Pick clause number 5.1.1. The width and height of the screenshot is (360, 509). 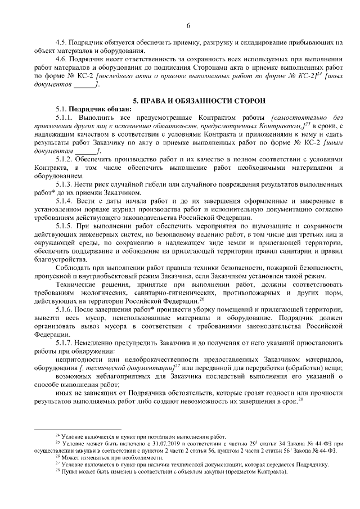point(65,118)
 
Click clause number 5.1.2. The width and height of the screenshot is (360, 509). point(65,160)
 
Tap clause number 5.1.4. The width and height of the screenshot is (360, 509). point(65,201)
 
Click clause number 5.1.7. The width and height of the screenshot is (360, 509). point(65,341)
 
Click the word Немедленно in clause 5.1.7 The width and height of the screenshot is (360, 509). point(95,341)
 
